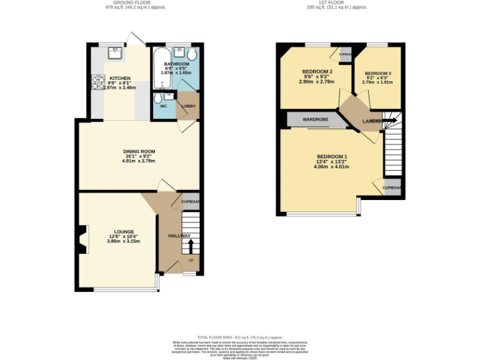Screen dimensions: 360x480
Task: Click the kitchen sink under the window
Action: click(114, 52)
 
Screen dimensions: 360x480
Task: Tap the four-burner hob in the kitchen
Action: click(98, 82)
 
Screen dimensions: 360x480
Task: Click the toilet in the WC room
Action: click(158, 99)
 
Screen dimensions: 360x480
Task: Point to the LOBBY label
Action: click(188, 106)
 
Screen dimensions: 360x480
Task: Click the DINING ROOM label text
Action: click(139, 151)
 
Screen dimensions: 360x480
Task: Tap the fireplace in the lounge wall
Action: click(82, 240)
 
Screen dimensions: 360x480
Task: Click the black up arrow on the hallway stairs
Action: click(191, 245)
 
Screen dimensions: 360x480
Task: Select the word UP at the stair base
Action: click(191, 260)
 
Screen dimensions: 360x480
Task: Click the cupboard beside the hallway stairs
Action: click(190, 202)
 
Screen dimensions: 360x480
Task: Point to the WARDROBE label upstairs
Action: click(316, 119)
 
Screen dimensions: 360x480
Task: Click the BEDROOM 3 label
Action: click(377, 73)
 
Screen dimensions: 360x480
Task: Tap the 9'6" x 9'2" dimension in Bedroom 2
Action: click(316, 77)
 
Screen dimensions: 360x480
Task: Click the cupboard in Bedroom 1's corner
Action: click(391, 187)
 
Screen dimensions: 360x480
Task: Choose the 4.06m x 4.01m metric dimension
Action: click(332, 167)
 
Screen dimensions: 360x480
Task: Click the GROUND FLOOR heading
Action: click(135, 3)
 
